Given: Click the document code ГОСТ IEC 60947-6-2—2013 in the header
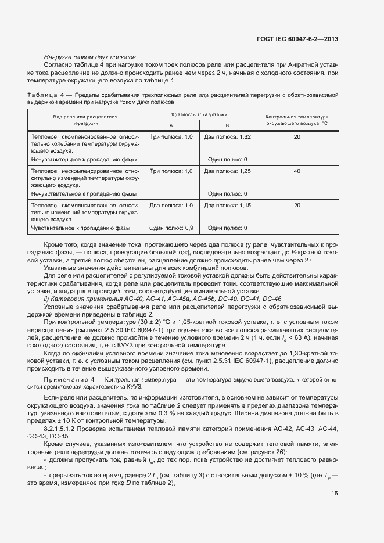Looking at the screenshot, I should click(297, 38).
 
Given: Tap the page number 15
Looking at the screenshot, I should click(335, 494).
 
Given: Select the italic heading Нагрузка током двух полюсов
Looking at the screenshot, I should click(89, 57).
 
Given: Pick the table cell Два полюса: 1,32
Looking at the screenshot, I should click(227, 136).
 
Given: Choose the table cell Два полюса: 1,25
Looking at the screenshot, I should click(227, 171).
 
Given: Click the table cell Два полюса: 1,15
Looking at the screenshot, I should click(227, 206).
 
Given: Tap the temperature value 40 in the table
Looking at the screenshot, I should click(297, 171).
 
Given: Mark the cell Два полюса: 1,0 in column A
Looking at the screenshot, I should click(171, 206).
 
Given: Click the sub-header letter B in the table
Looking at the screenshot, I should click(227, 125).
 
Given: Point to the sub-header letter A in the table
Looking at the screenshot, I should click(171, 125).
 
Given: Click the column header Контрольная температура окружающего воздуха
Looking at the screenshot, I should click(297, 120).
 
